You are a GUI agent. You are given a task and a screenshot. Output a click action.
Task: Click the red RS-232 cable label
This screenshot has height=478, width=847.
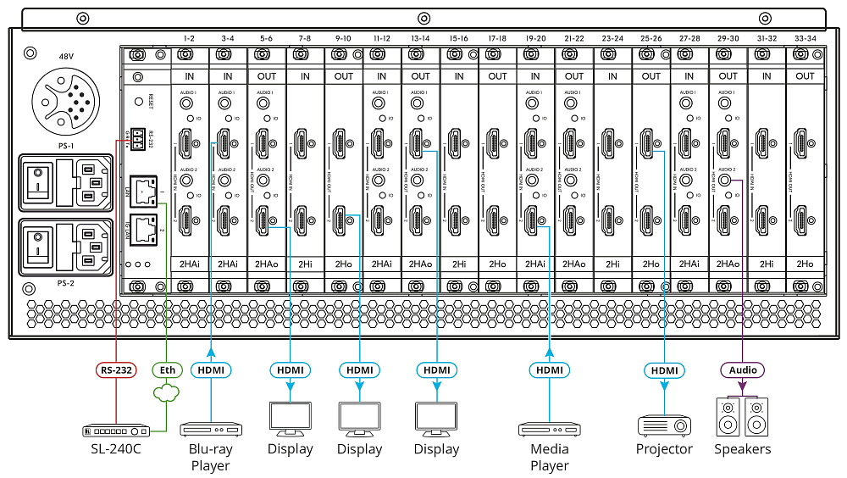tap(113, 370)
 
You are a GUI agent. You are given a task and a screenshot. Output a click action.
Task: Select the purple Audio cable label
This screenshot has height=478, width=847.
tap(742, 370)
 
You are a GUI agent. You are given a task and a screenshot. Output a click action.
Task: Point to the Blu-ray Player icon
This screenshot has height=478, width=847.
tap(210, 429)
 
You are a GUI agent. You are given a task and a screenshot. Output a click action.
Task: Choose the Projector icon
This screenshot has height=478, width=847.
tap(664, 423)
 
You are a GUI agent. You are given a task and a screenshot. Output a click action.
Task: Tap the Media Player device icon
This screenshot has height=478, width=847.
tap(550, 429)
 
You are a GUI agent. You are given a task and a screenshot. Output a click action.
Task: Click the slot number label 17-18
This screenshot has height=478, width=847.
tap(497, 38)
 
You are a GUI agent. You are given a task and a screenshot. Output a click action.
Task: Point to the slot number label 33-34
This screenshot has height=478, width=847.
tap(805, 38)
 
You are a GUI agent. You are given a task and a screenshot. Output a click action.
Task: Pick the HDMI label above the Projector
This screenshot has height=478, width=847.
tap(664, 370)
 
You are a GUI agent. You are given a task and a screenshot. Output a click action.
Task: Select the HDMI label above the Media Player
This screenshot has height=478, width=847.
tap(550, 370)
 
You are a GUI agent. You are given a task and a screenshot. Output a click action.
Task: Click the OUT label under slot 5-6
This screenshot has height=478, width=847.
tap(267, 76)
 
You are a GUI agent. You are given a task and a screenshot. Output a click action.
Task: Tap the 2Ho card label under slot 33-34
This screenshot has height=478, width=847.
tap(805, 265)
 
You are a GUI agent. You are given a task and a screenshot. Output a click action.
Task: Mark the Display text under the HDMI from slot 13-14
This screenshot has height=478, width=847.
tap(437, 449)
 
